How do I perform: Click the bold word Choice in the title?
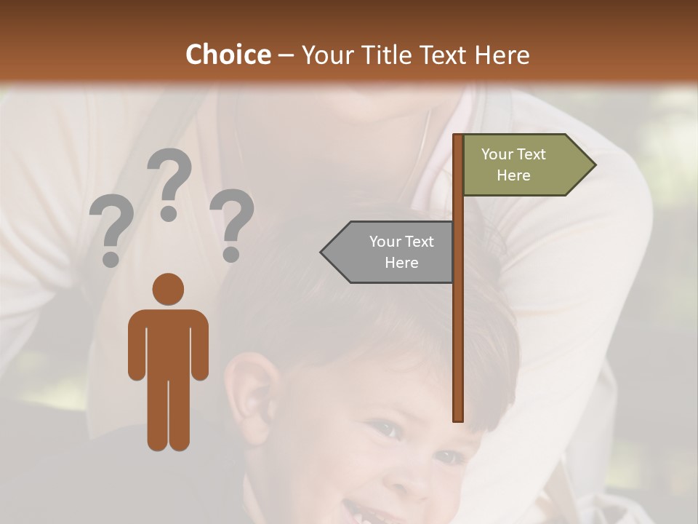[x=228, y=55]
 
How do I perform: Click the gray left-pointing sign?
[x=393, y=252]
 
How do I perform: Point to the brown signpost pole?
[x=458, y=306]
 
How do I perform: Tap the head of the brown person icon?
[x=168, y=289]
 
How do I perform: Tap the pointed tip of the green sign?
[x=593, y=165]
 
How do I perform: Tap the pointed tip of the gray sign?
[x=323, y=252]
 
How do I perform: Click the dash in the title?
[x=286, y=56]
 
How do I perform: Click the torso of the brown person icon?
[x=168, y=342]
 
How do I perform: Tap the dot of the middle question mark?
[x=169, y=213]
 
